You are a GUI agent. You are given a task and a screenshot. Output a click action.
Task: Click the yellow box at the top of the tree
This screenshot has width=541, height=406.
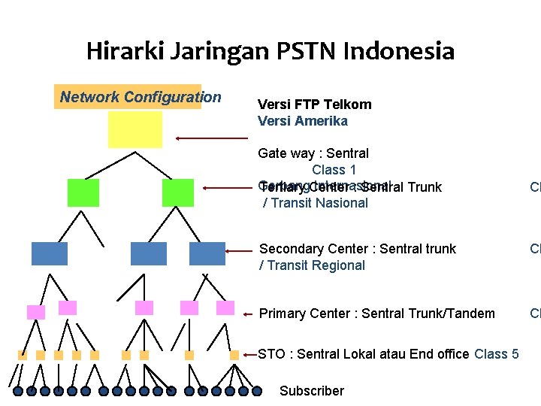[x=135, y=129]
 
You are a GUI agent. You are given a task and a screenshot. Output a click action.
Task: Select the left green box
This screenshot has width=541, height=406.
[x=83, y=192]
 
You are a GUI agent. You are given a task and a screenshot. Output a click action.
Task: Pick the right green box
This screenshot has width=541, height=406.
[x=177, y=192]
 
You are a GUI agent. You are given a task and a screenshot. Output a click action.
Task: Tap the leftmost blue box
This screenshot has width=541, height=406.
[x=50, y=254]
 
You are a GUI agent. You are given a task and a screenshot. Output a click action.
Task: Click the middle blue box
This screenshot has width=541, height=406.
[x=148, y=254]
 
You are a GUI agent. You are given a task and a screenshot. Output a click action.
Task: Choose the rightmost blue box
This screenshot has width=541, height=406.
[x=207, y=254]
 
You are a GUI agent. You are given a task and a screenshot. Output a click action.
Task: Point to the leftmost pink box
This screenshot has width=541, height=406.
[x=35, y=312]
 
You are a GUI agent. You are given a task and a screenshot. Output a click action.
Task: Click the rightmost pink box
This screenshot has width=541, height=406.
[x=225, y=308]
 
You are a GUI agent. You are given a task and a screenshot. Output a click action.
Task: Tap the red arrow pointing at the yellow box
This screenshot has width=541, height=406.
[x=211, y=138]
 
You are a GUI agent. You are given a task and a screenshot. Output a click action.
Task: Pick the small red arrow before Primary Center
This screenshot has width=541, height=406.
[x=249, y=314]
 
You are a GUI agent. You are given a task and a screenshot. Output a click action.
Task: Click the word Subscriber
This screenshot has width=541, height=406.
[x=311, y=391]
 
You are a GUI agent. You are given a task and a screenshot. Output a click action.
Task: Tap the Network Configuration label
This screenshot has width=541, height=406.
[x=141, y=97]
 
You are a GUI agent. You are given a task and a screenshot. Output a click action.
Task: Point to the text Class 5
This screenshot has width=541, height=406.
[x=496, y=354]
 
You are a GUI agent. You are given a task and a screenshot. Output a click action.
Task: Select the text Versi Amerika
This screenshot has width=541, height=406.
[x=302, y=121]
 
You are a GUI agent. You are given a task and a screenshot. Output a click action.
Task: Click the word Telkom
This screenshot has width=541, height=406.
[x=349, y=105]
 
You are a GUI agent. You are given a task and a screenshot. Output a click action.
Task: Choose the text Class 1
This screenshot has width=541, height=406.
[x=334, y=170]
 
